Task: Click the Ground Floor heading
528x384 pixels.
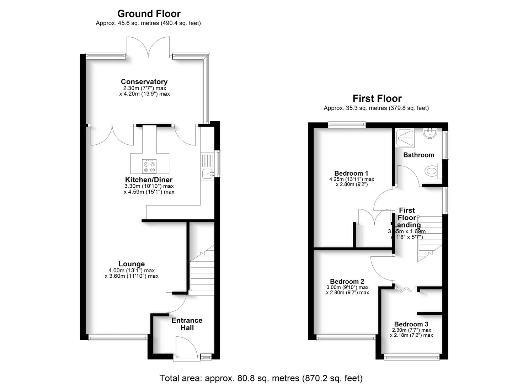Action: pyautogui.click(x=149, y=14)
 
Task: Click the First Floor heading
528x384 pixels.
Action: pyautogui.click(x=377, y=98)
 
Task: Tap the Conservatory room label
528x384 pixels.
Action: pyautogui.click(x=144, y=82)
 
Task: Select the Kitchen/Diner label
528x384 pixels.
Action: pyautogui.click(x=149, y=180)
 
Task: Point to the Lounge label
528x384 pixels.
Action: pyautogui.click(x=132, y=264)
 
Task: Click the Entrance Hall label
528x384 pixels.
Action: pyautogui.click(x=187, y=324)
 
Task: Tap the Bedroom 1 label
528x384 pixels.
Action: pyautogui.click(x=351, y=174)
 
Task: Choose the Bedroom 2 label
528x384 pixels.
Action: pyautogui.click(x=347, y=281)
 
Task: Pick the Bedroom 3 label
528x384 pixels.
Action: pyautogui.click(x=411, y=324)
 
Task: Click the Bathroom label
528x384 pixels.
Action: pyautogui.click(x=418, y=155)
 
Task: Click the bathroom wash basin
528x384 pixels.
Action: pyautogui.click(x=430, y=133)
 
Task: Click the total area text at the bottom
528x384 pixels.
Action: pyautogui.click(x=261, y=378)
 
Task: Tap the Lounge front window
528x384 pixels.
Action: pyautogui.click(x=118, y=338)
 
